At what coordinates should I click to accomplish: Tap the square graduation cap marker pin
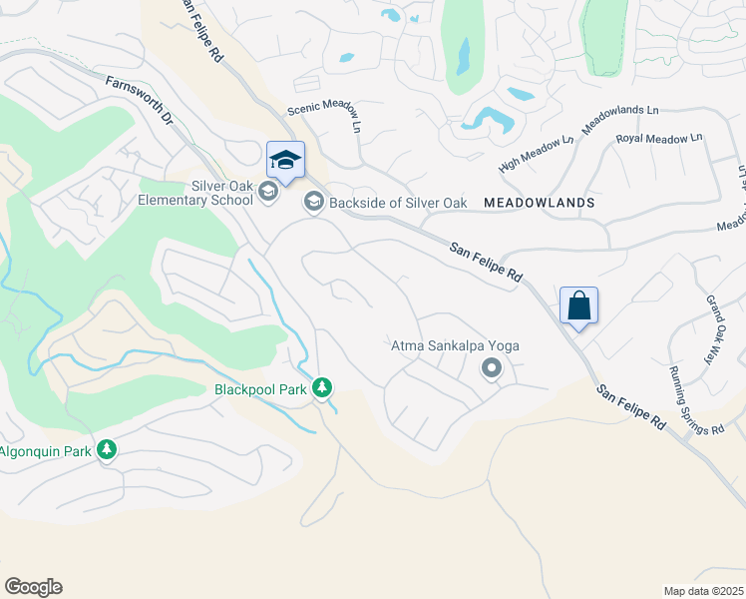(x=285, y=162)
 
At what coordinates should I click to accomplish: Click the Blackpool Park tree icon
(x=322, y=386)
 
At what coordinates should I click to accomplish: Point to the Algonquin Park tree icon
(x=107, y=450)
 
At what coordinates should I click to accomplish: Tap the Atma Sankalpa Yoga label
(x=455, y=346)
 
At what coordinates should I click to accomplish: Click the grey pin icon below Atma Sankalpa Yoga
(x=491, y=369)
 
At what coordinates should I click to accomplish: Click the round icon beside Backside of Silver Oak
(x=313, y=203)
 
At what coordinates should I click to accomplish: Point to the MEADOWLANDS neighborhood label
(x=539, y=203)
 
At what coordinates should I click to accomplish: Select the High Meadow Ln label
(x=537, y=151)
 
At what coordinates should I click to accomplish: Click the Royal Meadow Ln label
(x=659, y=139)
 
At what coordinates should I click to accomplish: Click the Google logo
(x=33, y=587)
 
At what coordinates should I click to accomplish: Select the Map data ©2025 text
(x=704, y=590)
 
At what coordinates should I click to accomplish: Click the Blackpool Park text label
(x=260, y=389)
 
